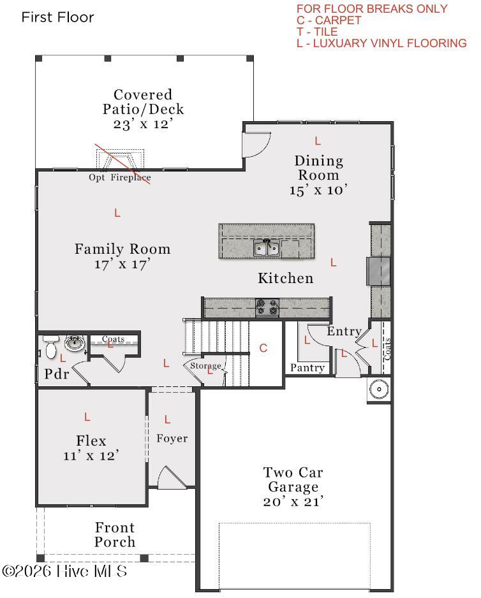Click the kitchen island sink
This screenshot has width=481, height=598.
pos(267,248)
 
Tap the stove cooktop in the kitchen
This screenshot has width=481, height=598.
pos(267,307)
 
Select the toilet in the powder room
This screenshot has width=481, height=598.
pos(51,347)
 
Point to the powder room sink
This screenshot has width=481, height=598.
pos(75,343)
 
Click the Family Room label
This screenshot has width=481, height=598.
pos(122,249)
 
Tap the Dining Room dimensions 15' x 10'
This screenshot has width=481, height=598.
pos(318,190)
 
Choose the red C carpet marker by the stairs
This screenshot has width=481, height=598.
pos(263,348)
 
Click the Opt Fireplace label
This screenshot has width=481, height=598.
pos(120,177)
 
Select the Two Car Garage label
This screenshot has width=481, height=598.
pos(293,479)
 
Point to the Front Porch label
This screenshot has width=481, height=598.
pos(115,535)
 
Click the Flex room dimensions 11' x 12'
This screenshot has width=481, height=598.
pos(91,456)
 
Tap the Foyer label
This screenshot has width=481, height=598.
pos(172,439)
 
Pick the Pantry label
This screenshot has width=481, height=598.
pos(307,368)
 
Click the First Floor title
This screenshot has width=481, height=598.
pos(57,17)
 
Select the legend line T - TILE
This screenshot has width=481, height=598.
pos(317,32)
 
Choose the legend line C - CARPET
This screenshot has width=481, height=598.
pos(329,20)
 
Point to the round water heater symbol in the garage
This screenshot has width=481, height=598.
pos(379,390)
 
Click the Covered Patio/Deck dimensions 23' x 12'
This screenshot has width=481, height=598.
pos(143,124)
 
